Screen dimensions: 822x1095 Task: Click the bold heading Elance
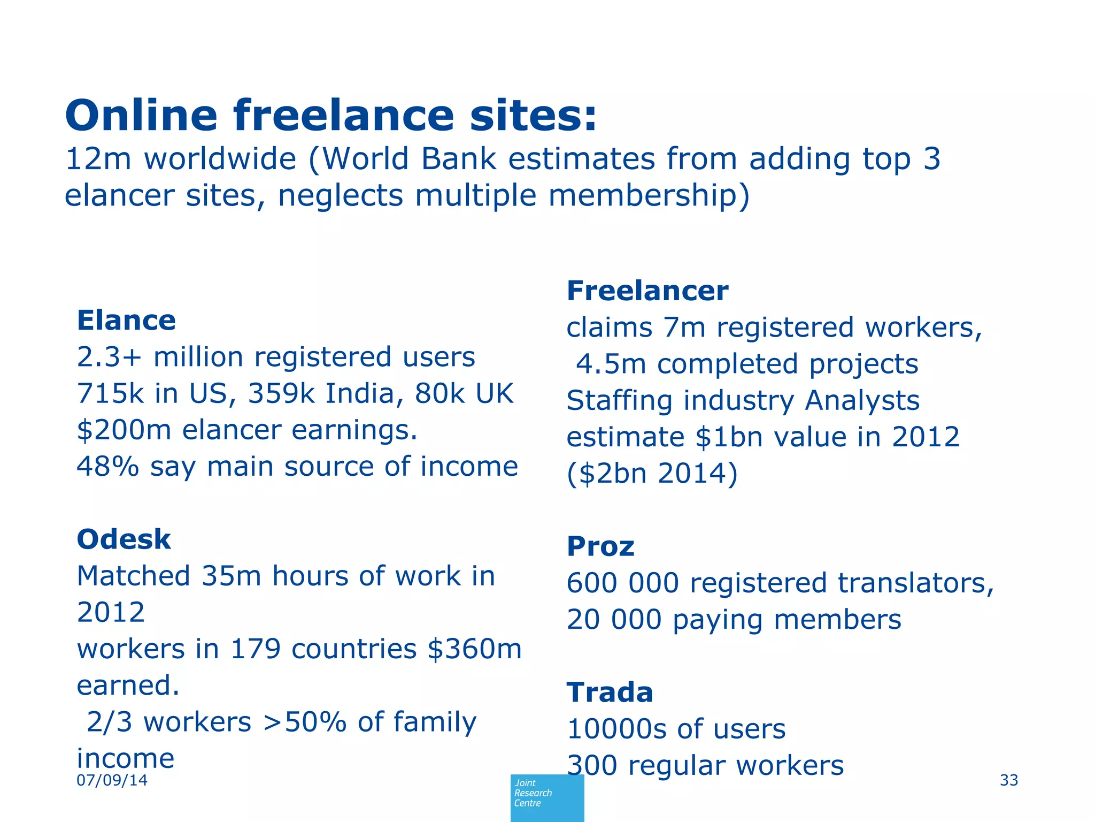coord(126,321)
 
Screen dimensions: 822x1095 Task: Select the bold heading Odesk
coord(124,539)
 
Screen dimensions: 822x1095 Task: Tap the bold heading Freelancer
coord(647,291)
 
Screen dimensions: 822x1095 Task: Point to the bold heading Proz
coord(600,547)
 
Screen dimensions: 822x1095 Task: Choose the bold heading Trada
coord(610,692)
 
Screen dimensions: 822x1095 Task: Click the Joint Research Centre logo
coord(547,797)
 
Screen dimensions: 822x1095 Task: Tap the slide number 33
coord(1009,780)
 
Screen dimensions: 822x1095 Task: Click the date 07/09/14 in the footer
coord(112,780)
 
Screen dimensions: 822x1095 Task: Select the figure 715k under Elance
coord(110,394)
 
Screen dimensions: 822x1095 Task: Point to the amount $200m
coord(124,430)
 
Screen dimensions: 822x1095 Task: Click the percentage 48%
coord(107,467)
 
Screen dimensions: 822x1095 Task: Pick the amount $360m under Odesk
coord(474,649)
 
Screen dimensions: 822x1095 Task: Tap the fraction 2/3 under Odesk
coord(109,722)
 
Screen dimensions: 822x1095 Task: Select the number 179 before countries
coord(255,649)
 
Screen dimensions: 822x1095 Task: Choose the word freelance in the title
coord(343,116)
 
